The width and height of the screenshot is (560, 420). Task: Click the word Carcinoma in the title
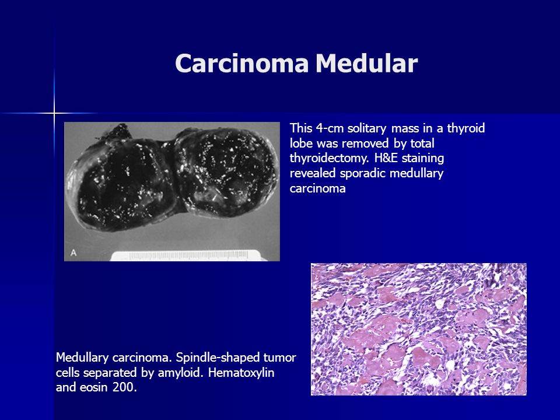click(242, 63)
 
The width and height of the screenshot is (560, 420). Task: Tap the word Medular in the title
click(366, 63)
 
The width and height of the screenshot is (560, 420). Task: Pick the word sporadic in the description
click(363, 173)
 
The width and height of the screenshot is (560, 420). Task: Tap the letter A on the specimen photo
click(73, 253)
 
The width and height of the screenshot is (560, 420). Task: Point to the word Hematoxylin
click(241, 373)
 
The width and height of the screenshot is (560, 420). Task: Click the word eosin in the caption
click(94, 387)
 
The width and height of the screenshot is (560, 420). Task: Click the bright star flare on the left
click(54, 114)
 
